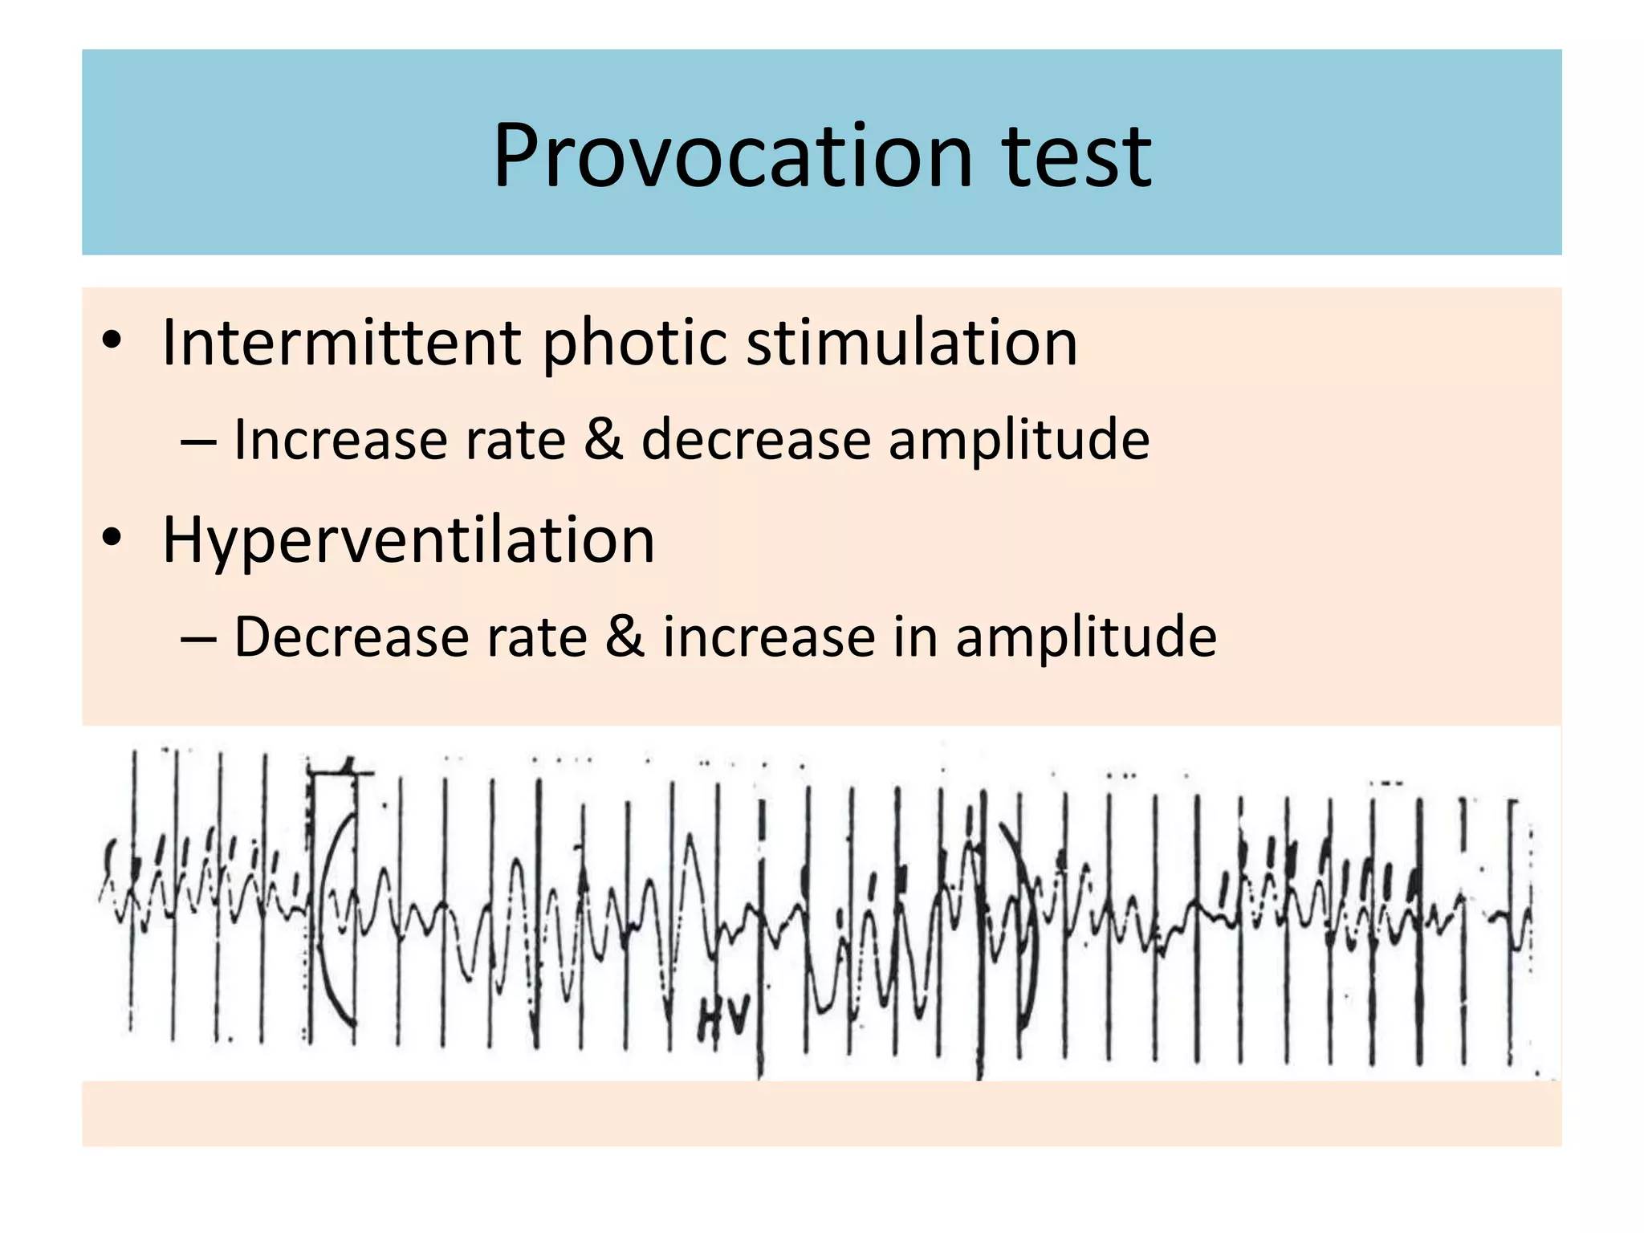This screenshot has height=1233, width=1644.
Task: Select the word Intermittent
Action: point(341,343)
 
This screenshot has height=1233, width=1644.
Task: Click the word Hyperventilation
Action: point(409,539)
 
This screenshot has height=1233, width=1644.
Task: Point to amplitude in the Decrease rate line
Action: point(1086,638)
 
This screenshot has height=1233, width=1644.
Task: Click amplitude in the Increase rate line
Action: point(1019,442)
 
